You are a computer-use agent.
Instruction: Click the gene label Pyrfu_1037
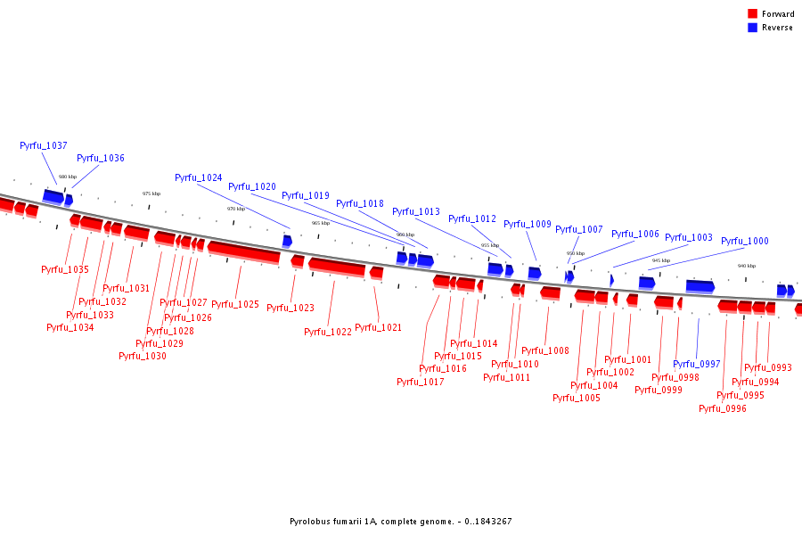[x=44, y=145]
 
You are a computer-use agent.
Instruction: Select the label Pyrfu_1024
[x=199, y=177]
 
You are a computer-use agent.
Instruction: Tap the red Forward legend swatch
[x=752, y=14]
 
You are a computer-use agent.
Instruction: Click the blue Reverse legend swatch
[x=752, y=28]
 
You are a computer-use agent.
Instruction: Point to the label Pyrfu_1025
[x=235, y=305]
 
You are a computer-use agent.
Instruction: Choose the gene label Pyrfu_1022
[x=328, y=332]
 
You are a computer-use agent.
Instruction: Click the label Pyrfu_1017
[x=421, y=382]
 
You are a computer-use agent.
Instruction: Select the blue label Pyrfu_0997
[x=697, y=364]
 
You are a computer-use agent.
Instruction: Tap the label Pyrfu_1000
[x=745, y=241]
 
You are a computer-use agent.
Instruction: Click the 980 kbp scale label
[x=68, y=177]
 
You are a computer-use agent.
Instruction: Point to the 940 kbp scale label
[x=746, y=266]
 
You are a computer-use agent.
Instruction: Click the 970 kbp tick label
[x=235, y=209]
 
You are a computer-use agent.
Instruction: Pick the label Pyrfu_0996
[x=723, y=408]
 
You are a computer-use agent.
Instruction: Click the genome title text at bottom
[x=401, y=521]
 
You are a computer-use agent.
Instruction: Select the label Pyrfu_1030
[x=143, y=356]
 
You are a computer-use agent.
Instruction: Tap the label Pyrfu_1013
[x=416, y=211]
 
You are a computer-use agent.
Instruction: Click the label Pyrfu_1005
[x=577, y=398]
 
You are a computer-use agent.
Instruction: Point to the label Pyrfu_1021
[x=379, y=327]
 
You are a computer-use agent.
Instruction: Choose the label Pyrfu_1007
[x=579, y=229]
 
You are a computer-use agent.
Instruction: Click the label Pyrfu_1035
[x=65, y=269]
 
